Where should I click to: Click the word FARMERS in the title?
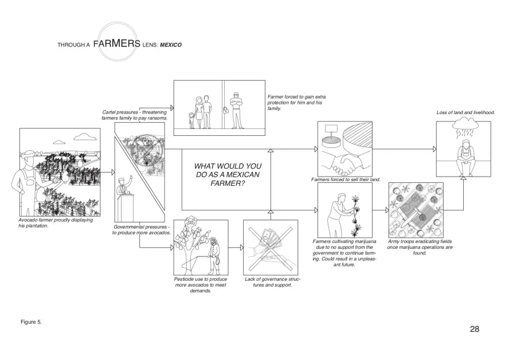116,43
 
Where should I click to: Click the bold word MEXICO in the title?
171,45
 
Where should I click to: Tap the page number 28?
474,329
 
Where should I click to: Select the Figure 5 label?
31,322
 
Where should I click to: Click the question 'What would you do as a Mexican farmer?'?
228,175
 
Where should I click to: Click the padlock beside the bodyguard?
225,111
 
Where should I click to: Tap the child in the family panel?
191,120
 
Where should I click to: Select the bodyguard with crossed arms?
236,111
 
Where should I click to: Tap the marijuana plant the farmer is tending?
357,216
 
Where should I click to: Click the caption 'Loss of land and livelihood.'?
465,112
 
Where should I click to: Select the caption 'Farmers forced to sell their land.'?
346,179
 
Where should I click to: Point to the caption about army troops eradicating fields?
420,247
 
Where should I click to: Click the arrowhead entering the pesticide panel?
172,248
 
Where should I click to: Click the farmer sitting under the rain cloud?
466,158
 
